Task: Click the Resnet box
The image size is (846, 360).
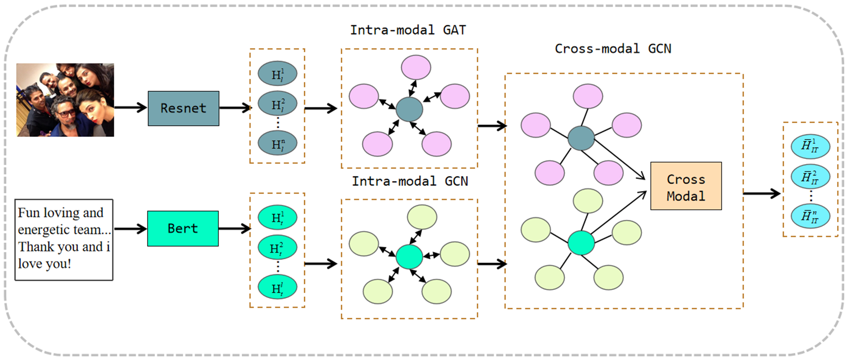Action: pyautogui.click(x=183, y=108)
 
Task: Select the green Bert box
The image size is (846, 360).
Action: pyautogui.click(x=183, y=228)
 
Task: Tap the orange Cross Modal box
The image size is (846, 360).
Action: pyautogui.click(x=686, y=186)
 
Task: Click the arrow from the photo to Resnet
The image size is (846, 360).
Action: pyautogui.click(x=131, y=107)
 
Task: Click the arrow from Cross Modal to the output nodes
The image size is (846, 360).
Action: pyautogui.click(x=761, y=194)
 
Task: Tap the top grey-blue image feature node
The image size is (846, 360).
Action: pyautogui.click(x=277, y=74)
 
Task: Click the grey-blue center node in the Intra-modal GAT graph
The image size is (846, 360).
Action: pyautogui.click(x=409, y=109)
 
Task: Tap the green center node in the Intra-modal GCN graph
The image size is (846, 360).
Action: pyautogui.click(x=409, y=257)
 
